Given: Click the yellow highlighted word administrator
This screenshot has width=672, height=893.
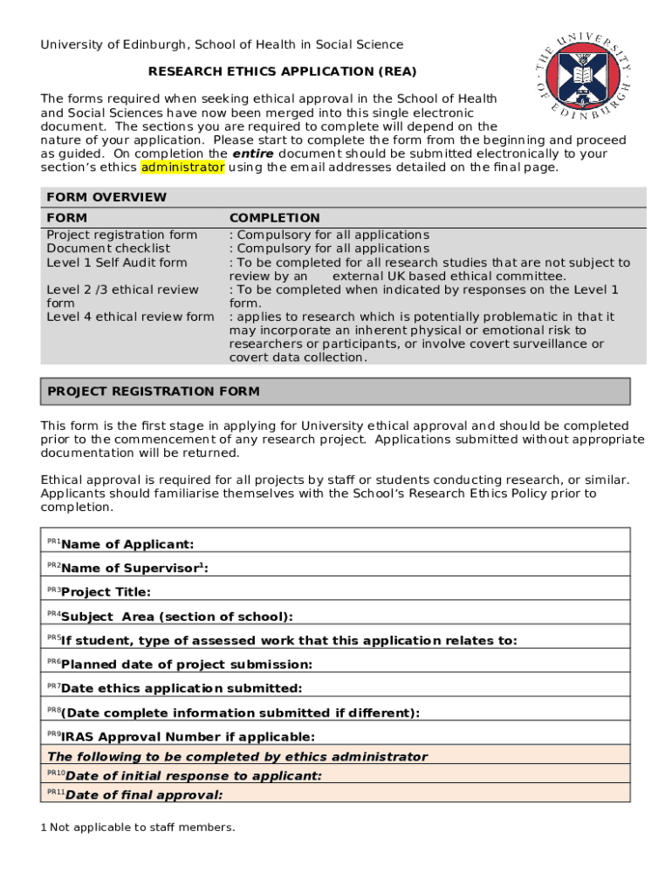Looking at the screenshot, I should pos(182,167).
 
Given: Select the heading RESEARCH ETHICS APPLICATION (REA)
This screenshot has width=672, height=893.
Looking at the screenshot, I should pos(282,71).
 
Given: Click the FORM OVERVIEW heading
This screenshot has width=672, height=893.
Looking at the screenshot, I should pos(106,197).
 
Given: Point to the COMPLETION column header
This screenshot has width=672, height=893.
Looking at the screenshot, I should pos(274,218).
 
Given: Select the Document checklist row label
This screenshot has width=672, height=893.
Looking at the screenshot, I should pos(108,249).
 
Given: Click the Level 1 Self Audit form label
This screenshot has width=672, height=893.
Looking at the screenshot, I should pos(117,262).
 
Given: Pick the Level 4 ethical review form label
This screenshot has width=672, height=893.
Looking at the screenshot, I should pos(130,317).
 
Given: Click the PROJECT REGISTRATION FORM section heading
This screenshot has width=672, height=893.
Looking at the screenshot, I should pos(154,392).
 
